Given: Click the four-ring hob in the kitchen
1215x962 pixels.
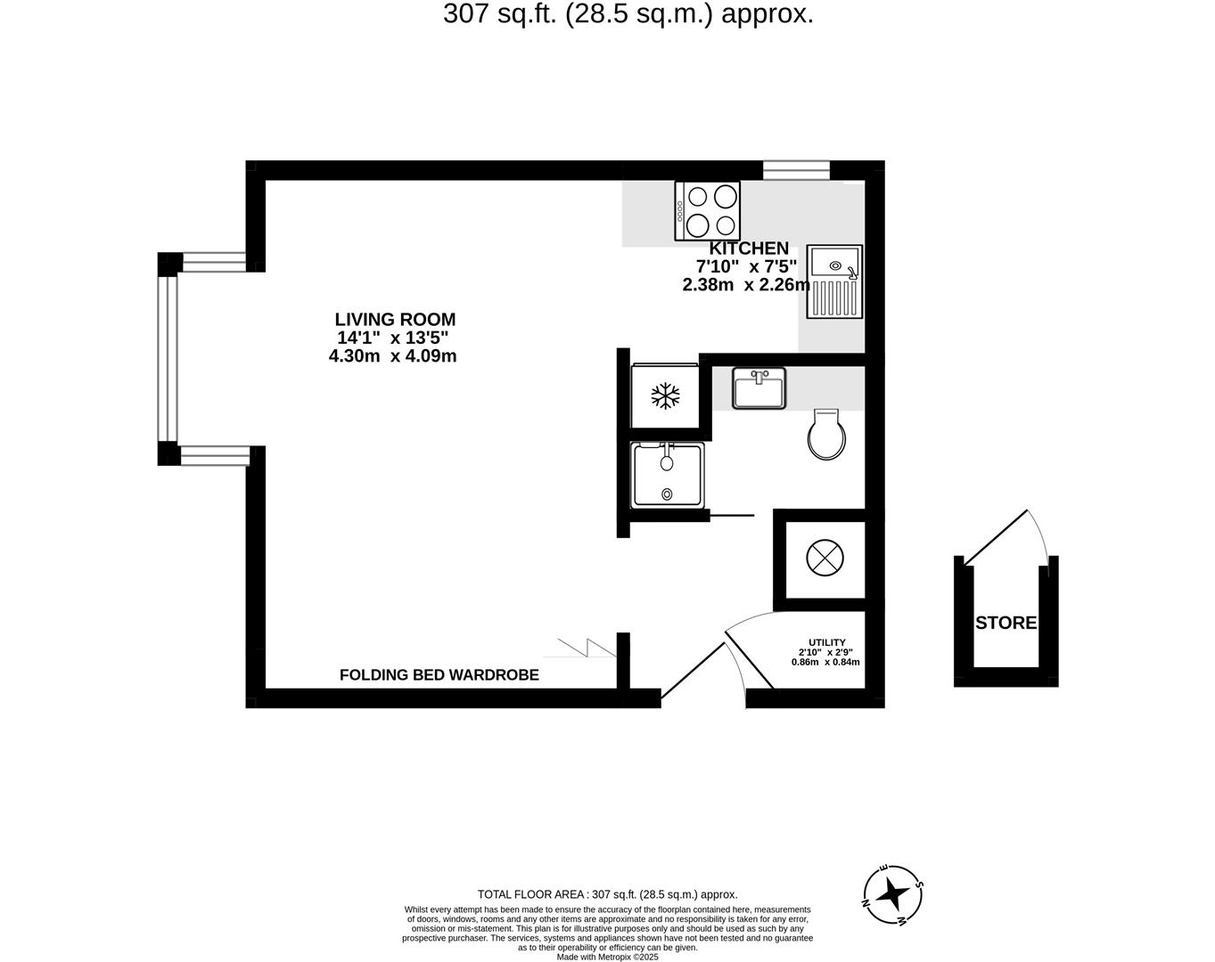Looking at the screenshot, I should click(x=707, y=211).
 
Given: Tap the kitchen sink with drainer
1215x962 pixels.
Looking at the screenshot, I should click(x=835, y=281).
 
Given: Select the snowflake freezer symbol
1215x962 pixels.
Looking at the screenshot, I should click(x=665, y=395).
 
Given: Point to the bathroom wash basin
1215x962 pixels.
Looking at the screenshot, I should click(x=759, y=388).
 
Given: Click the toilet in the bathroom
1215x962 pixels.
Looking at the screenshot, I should click(x=825, y=436).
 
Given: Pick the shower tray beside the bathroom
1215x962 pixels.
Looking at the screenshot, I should click(x=667, y=475).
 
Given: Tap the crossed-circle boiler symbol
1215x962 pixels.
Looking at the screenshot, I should click(x=824, y=559).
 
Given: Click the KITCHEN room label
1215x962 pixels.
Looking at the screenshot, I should click(x=749, y=249).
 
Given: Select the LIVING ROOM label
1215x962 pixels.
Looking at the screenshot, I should click(x=395, y=319).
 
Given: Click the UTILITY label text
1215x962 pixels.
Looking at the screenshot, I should click(x=826, y=642).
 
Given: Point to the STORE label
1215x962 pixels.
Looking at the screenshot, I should click(x=1006, y=623).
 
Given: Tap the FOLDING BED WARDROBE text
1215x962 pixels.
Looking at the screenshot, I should click(x=439, y=675).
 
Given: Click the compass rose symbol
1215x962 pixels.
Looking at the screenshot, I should click(x=893, y=893).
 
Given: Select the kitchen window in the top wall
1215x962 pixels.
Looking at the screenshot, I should click(x=796, y=170).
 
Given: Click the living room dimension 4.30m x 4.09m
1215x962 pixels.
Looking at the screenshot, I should click(x=392, y=356).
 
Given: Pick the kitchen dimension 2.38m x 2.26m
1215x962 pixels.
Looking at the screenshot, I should click(x=745, y=285).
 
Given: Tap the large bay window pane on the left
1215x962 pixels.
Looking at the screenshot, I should click(x=168, y=359).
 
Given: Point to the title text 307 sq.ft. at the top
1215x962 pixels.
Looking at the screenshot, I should click(x=628, y=14).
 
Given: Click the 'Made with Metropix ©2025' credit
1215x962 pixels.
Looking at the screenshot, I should click(x=607, y=957).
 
